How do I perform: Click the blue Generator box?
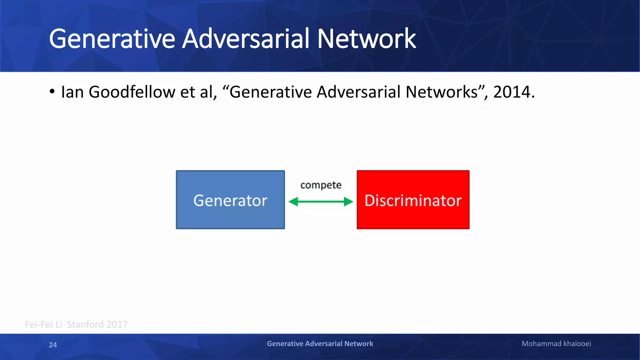coord(230,200)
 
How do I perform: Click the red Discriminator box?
coord(413,200)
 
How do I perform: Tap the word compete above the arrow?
coord(321,185)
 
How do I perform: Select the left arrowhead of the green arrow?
coord(293,202)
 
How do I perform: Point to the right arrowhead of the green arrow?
coord(348,202)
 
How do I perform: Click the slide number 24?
coord(53,345)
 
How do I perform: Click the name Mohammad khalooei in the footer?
coord(556,344)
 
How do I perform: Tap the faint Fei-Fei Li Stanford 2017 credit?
coord(76,324)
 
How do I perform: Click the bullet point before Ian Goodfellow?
coord(52,92)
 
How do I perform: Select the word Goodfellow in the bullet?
coord(132,92)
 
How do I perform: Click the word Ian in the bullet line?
coord(72,92)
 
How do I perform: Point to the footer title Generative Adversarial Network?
coord(320,344)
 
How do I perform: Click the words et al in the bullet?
coord(198,92)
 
